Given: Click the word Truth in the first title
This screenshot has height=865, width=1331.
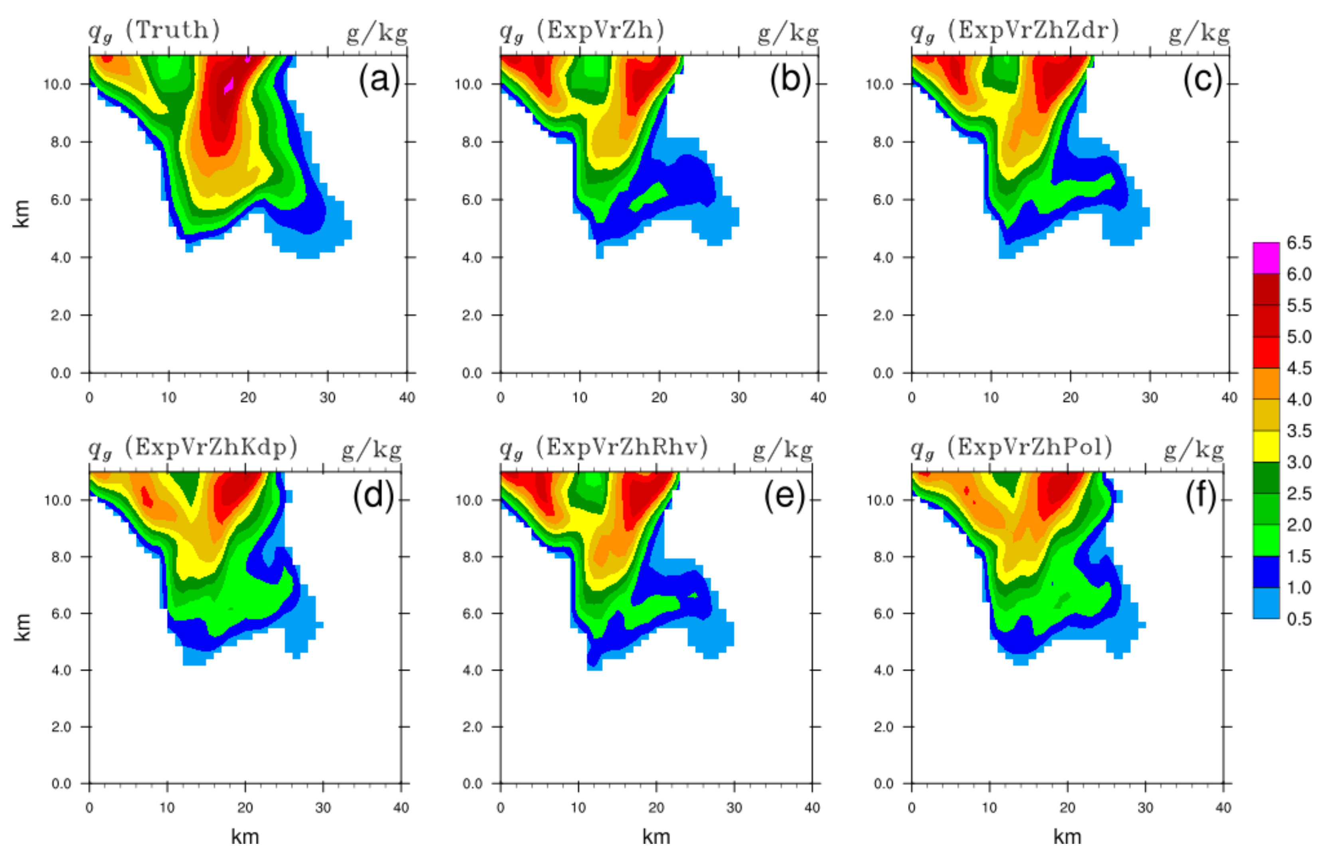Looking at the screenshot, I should click(172, 30).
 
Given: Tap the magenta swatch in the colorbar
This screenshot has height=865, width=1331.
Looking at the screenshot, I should click(1266, 258).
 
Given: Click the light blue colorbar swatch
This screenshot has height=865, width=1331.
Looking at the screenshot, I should click(1266, 603).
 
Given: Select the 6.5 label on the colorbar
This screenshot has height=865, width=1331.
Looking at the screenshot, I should click(1299, 243).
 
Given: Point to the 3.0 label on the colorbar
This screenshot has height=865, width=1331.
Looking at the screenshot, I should click(1299, 462).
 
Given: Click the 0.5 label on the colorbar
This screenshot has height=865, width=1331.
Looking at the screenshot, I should click(1299, 619).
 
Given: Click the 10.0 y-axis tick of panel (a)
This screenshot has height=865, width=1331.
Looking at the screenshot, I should click(57, 85).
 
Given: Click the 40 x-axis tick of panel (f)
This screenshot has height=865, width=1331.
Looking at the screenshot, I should click(1223, 808).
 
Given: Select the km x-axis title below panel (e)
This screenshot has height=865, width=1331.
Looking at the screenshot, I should click(656, 837).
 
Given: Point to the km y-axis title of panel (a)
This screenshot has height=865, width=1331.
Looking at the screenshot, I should click(21, 213).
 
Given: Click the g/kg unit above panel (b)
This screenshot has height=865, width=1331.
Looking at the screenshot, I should click(788, 34).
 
